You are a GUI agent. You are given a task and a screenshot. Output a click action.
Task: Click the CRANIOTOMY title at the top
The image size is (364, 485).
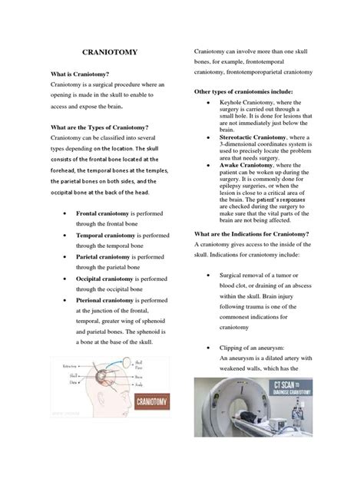tap(105, 54)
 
